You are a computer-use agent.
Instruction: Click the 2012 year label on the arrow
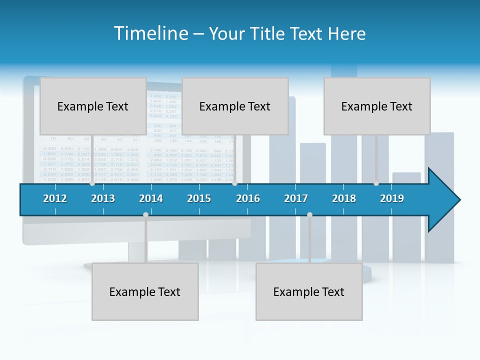(x=55, y=198)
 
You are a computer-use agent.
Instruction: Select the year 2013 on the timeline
(x=103, y=198)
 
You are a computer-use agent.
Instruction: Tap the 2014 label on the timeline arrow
(x=151, y=198)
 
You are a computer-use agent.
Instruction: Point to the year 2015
(x=199, y=198)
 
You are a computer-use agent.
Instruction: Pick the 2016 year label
(x=248, y=198)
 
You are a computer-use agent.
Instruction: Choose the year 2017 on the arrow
(x=296, y=198)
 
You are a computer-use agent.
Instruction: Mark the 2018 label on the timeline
(x=344, y=198)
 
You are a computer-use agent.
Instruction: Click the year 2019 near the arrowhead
(x=392, y=198)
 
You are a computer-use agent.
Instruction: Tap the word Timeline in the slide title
(x=150, y=33)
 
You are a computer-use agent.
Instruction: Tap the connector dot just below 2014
(x=145, y=215)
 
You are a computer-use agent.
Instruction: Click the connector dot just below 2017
(x=309, y=215)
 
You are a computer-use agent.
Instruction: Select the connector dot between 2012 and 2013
(x=92, y=183)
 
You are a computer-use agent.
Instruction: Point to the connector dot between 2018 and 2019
(x=376, y=183)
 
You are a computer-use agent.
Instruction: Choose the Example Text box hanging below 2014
(x=145, y=291)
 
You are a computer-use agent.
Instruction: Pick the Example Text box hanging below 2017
(x=309, y=291)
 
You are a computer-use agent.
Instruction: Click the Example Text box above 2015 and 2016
(x=235, y=106)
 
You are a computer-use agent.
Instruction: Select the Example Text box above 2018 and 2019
(x=377, y=106)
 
